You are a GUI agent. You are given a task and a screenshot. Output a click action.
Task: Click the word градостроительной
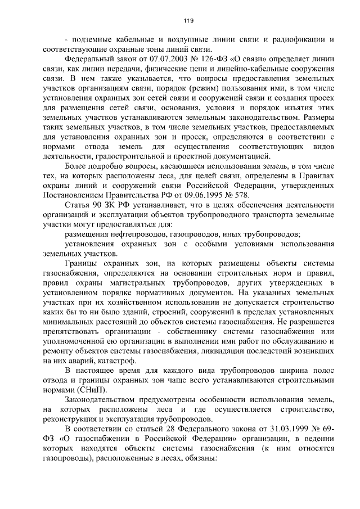[138, 156]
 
